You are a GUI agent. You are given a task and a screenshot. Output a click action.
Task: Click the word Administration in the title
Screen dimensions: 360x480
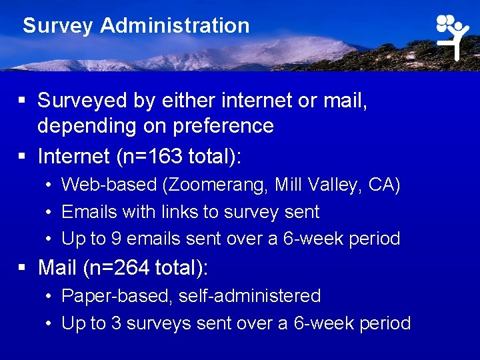click(175, 26)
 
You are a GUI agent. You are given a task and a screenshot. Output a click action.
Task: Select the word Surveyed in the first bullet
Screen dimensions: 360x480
click(83, 101)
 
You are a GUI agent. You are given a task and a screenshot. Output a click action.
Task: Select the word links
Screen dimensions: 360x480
click(181, 212)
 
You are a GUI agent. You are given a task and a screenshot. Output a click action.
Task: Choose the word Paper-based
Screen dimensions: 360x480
click(115, 296)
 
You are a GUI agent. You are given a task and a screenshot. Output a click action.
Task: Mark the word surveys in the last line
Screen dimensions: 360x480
click(160, 323)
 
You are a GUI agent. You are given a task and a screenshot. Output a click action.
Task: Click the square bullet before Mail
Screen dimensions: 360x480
click(23, 268)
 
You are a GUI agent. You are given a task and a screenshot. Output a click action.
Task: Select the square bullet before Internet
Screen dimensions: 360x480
click(23, 156)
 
